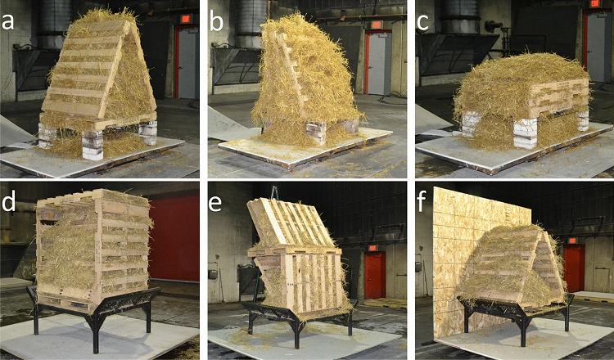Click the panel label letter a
pos(7,22)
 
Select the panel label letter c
pos(424,23)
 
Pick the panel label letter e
pos(216,204)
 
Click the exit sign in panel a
pos(186,18)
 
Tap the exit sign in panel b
pos(377,25)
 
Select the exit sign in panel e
pos(372,248)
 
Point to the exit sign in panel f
pos(572,241)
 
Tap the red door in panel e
pos(375,275)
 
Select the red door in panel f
pos(574,268)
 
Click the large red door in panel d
pos(174,238)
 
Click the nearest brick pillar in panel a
pos(93,145)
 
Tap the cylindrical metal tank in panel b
pos(251,24)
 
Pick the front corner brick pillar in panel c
pos(526,133)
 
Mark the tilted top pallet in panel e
pos(291,224)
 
